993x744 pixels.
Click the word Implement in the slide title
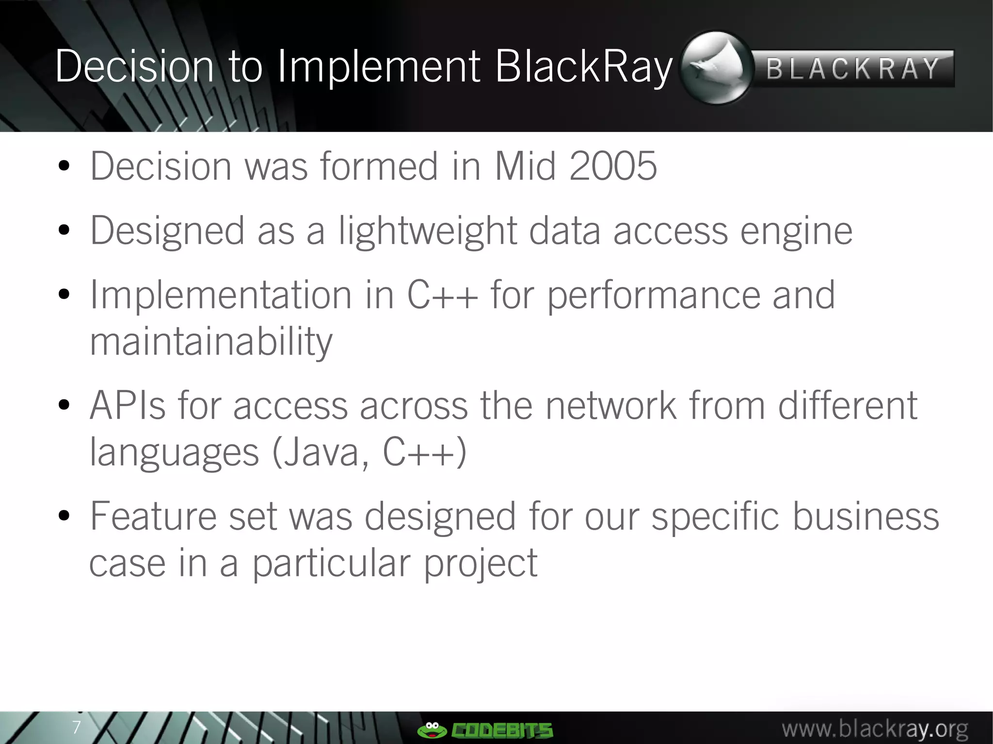pos(378,67)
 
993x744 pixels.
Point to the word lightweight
pos(428,231)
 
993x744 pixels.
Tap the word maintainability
pos(211,341)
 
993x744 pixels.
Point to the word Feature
pos(153,517)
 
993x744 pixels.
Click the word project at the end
pos(480,563)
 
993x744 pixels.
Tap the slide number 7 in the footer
pos(76,728)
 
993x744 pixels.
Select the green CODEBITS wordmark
pos(502,730)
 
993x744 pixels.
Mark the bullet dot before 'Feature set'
pos(64,517)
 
